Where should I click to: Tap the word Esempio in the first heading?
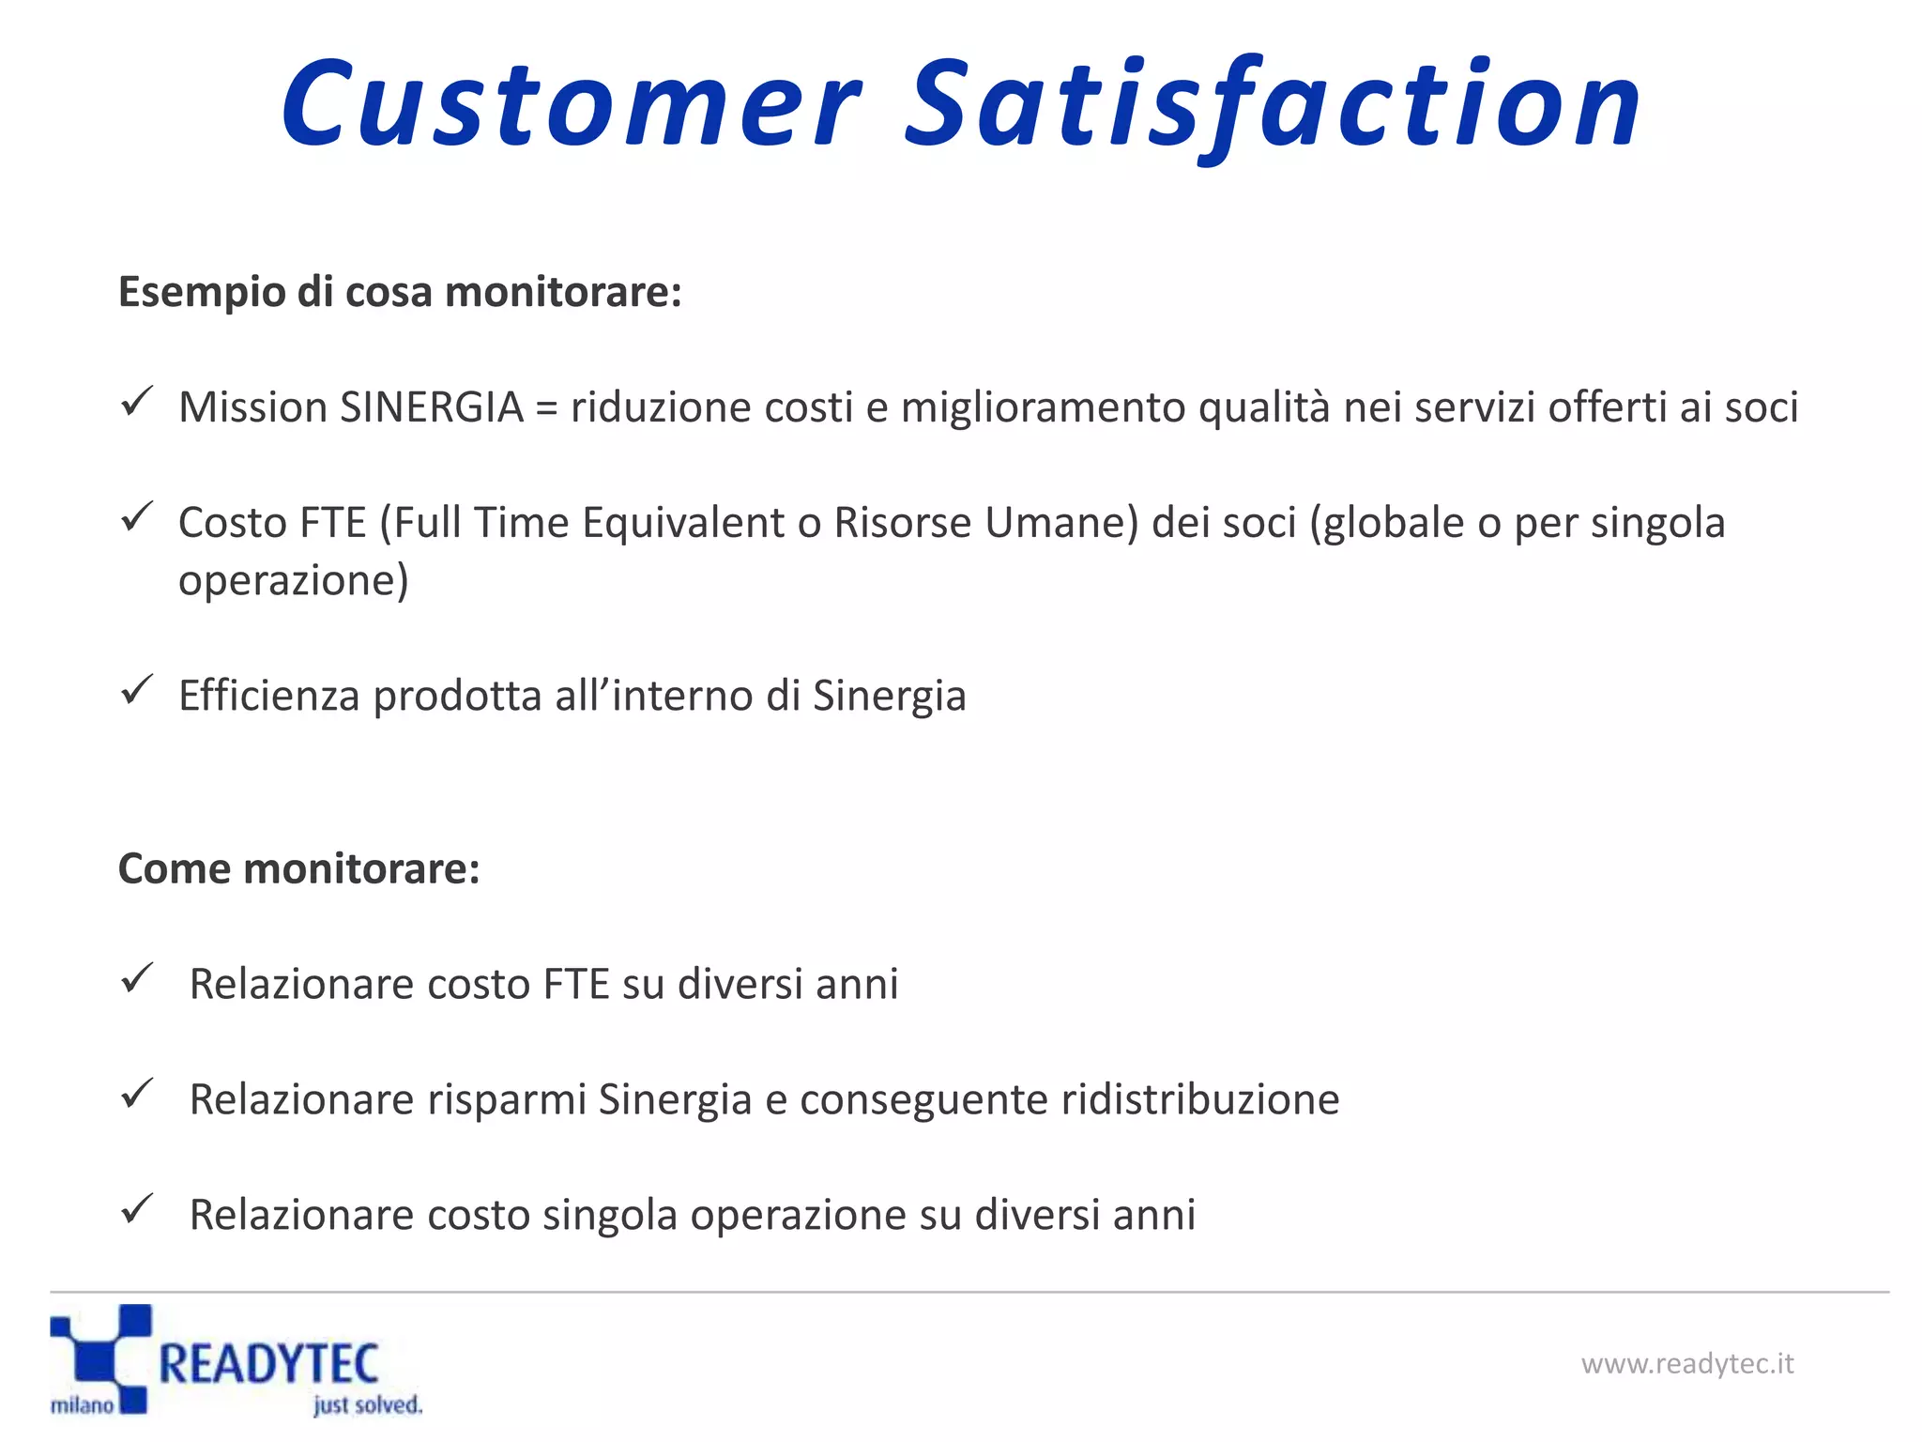tap(201, 293)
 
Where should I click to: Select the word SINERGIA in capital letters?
tap(431, 407)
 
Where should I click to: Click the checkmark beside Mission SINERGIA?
tap(137, 403)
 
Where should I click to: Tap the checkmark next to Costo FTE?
tap(137, 517)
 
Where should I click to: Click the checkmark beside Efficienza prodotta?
tap(137, 690)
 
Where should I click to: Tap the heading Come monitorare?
tap(298, 868)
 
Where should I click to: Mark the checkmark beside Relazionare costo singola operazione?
tap(137, 1209)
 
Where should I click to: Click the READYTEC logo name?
tap(268, 1364)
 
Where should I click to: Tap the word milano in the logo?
tap(82, 1405)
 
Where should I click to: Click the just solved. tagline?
tap(368, 1405)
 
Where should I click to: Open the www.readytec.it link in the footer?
tap(1686, 1364)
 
